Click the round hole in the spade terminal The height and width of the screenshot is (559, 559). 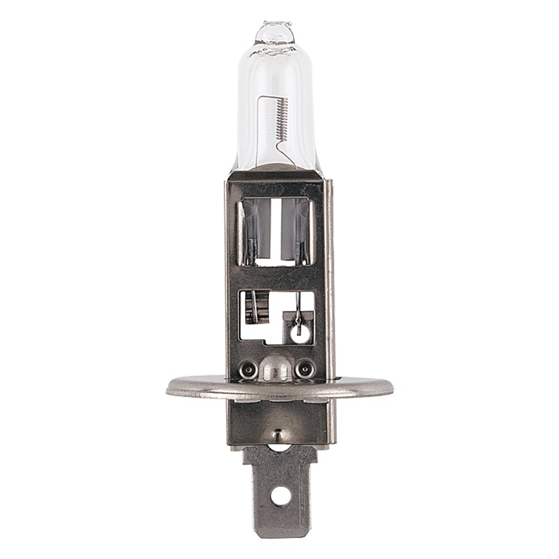coord(279,495)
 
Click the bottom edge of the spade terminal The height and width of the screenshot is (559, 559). coord(279,535)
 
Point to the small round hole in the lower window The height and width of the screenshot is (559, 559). coord(299,333)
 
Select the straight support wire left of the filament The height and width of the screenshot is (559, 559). coord(263,129)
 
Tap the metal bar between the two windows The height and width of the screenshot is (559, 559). coord(275,278)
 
